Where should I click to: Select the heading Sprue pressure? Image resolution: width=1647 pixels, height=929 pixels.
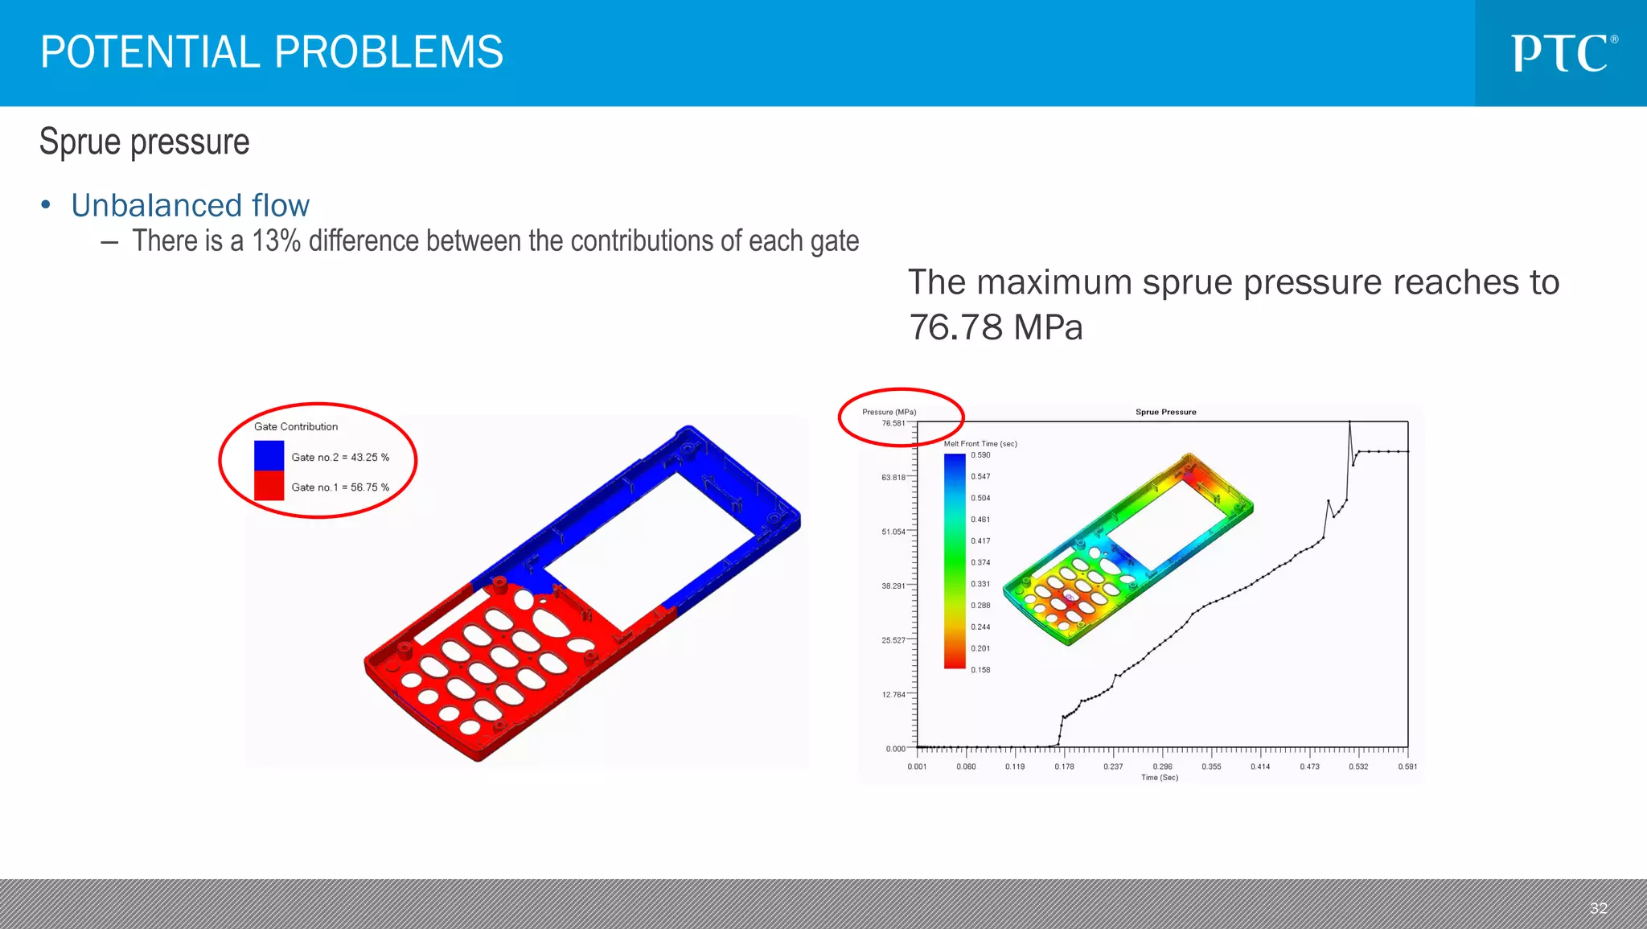click(145, 142)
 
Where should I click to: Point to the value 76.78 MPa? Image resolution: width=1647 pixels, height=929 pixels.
click(996, 327)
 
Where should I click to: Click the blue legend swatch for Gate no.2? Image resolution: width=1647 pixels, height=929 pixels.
click(269, 455)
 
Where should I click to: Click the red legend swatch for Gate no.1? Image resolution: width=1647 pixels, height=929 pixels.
click(269, 486)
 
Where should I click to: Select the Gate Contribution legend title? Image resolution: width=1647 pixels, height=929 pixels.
click(296, 426)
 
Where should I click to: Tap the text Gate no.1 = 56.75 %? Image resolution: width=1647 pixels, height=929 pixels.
click(340, 487)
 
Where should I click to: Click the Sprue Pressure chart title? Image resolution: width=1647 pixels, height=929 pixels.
click(1165, 412)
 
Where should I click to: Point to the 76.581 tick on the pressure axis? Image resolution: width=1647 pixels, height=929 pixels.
click(893, 423)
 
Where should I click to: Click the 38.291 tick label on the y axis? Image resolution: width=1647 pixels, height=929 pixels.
click(893, 586)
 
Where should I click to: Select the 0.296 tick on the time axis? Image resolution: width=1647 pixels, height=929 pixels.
click(1162, 767)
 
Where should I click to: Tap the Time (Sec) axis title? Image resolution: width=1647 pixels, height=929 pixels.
click(1159, 778)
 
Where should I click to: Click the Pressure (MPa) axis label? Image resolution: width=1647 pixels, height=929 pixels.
click(889, 412)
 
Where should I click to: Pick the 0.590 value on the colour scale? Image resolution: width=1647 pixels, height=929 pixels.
click(980, 455)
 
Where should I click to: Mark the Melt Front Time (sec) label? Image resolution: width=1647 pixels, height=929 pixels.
click(980, 444)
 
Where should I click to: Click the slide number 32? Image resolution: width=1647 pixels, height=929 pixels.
click(1598, 908)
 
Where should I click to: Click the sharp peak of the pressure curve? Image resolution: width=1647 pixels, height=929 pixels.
click(1349, 423)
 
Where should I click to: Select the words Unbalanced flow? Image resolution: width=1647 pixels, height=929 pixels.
click(190, 206)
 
